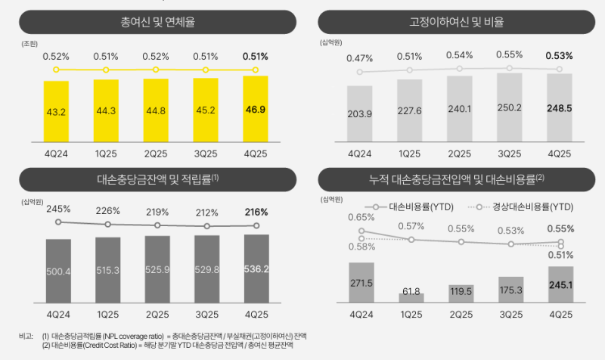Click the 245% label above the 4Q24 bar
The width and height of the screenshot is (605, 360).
[x=57, y=209]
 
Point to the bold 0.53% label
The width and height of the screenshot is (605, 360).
[x=558, y=56]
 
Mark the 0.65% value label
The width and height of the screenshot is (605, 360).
[x=361, y=218]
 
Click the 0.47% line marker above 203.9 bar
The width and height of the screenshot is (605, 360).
[x=360, y=73]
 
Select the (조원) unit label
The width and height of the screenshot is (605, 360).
[x=31, y=45]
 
